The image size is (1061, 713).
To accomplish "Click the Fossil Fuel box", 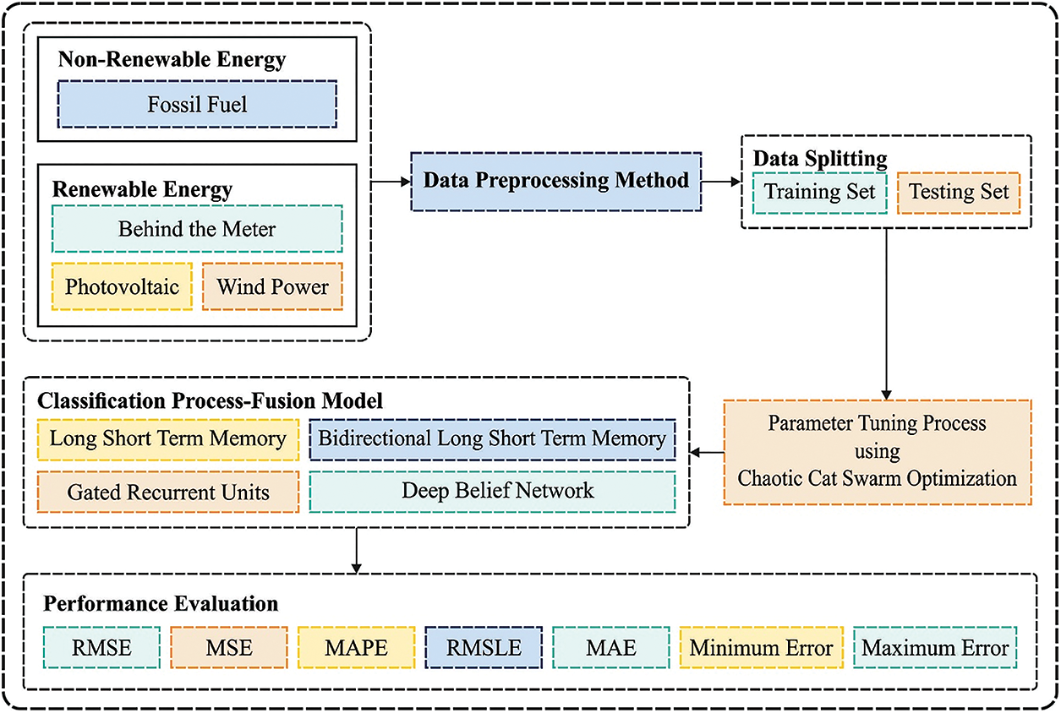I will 197,104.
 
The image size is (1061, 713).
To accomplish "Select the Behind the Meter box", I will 197,228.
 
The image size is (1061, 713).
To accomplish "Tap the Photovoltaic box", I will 122,286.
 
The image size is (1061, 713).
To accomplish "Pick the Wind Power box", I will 272,286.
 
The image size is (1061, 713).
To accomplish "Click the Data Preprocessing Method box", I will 556,181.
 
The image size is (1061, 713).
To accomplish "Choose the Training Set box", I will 819,192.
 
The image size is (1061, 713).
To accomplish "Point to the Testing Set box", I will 959,192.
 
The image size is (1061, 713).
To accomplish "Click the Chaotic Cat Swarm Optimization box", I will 878,451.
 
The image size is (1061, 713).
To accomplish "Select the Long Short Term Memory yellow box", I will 167,438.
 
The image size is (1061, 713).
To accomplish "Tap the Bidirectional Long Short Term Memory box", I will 492,438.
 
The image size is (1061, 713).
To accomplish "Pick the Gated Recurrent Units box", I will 167,492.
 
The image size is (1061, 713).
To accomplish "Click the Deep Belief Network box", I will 492,491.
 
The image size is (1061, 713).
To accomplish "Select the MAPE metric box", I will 357,648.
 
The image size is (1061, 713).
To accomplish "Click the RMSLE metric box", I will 484,648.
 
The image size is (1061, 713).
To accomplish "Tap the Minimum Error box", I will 761,648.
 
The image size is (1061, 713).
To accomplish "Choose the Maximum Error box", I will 934,648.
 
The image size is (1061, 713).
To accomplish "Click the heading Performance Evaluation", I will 161,604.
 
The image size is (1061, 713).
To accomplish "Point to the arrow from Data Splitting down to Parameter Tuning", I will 885,313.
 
